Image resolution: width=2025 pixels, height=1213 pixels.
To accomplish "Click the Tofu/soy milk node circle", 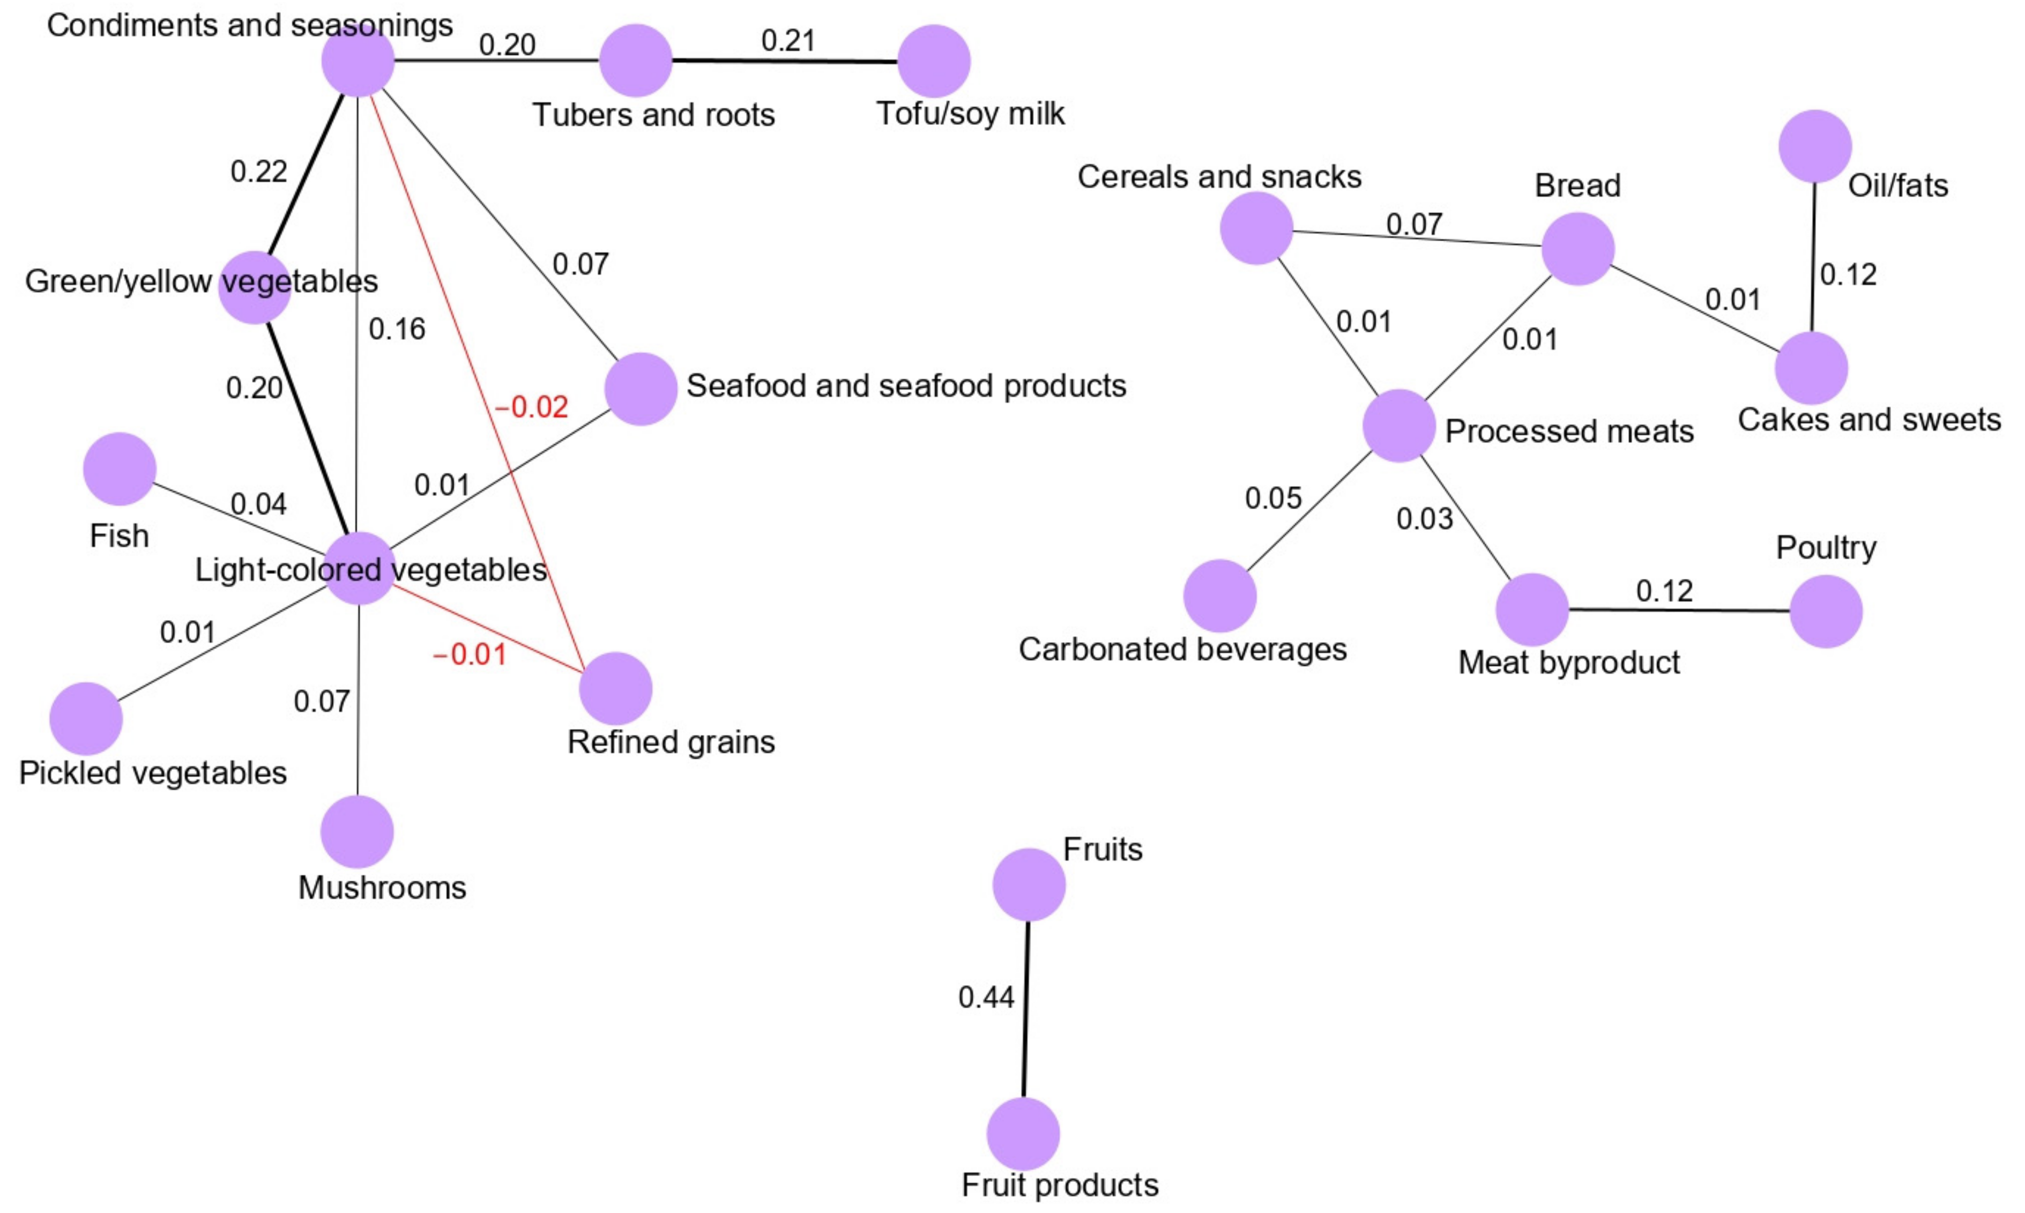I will (933, 61).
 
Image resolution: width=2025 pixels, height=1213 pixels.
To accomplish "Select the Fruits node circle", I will (1029, 884).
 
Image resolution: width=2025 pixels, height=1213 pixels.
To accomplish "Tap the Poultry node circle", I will (1826, 612).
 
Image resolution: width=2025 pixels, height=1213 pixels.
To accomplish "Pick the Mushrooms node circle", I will (357, 831).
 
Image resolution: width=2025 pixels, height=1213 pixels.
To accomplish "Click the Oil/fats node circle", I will (1815, 146).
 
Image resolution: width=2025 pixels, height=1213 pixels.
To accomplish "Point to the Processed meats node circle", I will (1399, 426).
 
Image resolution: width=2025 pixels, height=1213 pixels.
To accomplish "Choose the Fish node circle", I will (120, 469).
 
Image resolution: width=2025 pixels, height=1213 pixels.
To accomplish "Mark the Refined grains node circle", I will (615, 688).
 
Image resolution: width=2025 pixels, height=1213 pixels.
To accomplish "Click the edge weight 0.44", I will (986, 997).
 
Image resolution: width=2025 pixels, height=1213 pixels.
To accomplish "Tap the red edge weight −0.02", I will (531, 406).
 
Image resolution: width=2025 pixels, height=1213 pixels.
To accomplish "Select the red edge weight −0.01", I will (469, 654).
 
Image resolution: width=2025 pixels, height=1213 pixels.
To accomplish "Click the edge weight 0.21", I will (788, 40).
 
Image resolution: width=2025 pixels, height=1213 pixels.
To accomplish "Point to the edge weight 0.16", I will (397, 329).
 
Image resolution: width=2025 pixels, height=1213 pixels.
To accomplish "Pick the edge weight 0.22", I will (259, 171).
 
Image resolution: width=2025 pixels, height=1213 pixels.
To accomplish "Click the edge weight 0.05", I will (1273, 498).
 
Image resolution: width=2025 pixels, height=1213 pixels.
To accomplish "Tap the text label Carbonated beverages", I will (1182, 649).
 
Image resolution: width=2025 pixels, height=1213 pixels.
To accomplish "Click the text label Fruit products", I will (1060, 1185).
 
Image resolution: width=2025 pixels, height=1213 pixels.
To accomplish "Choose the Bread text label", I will (1577, 185).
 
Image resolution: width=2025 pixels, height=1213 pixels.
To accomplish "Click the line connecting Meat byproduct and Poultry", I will (1675, 610).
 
